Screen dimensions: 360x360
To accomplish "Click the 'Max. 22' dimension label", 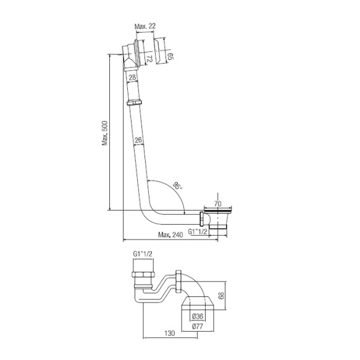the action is click(x=145, y=26).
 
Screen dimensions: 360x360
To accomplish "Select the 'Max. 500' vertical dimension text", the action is click(x=105, y=133).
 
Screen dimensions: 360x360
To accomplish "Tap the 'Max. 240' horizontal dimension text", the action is click(x=170, y=235).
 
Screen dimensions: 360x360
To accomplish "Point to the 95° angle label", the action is click(x=177, y=185).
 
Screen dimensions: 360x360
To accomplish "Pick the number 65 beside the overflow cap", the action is click(x=170, y=56).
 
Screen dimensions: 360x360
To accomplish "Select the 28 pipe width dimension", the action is click(x=132, y=77).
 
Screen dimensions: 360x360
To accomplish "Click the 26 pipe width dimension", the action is click(x=138, y=140).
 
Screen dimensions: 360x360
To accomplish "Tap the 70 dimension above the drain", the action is click(x=217, y=203).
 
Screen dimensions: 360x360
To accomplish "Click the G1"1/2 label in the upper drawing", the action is click(x=198, y=232).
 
